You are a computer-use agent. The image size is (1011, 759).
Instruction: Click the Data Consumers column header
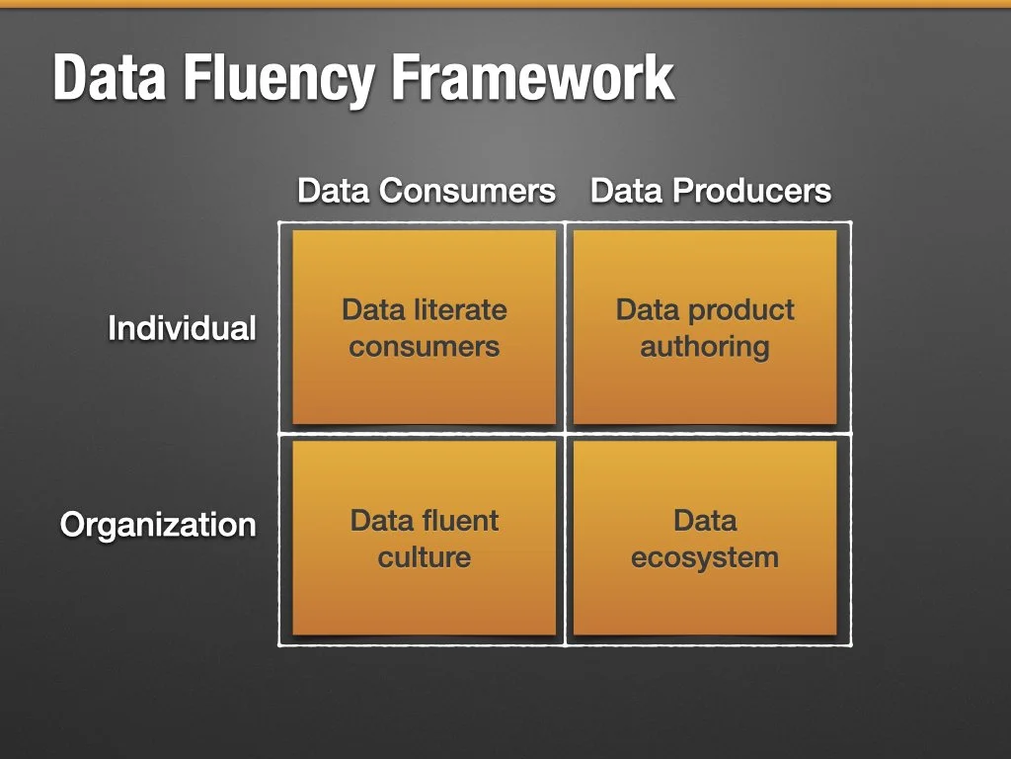(x=427, y=191)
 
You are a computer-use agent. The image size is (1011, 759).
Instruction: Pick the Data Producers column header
(x=711, y=191)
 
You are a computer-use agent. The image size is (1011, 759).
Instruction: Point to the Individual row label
(x=182, y=328)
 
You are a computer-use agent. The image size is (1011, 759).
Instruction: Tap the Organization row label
(x=158, y=524)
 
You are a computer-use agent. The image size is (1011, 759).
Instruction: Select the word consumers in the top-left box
(x=425, y=347)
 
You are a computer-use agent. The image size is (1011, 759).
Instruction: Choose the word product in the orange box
(x=741, y=310)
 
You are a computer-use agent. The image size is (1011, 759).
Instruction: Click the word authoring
(x=705, y=347)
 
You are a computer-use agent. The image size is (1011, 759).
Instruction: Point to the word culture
(x=425, y=557)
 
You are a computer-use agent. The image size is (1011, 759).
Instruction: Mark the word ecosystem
(x=705, y=557)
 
